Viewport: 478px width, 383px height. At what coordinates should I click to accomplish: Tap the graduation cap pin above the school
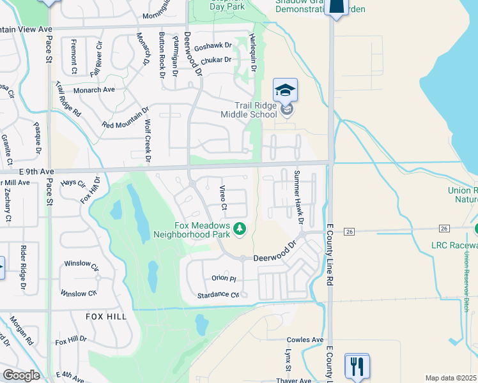[x=286, y=90]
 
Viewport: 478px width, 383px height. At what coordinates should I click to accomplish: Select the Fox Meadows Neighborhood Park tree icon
[x=240, y=228]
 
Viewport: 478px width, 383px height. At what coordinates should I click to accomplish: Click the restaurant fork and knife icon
[x=357, y=366]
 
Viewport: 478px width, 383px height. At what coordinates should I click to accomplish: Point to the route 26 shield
[x=349, y=230]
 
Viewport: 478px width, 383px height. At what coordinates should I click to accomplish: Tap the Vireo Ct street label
[x=224, y=197]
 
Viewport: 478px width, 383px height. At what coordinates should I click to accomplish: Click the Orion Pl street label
[x=224, y=279]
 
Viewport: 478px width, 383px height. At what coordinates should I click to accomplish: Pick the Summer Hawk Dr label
[x=298, y=197]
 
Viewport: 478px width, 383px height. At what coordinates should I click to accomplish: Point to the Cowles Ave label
[x=305, y=340]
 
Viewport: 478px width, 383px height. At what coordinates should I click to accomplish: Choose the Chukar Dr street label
[x=215, y=60]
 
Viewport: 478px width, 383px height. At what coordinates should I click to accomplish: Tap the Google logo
[x=21, y=375]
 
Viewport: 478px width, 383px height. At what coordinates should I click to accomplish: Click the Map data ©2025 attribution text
[x=451, y=378]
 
